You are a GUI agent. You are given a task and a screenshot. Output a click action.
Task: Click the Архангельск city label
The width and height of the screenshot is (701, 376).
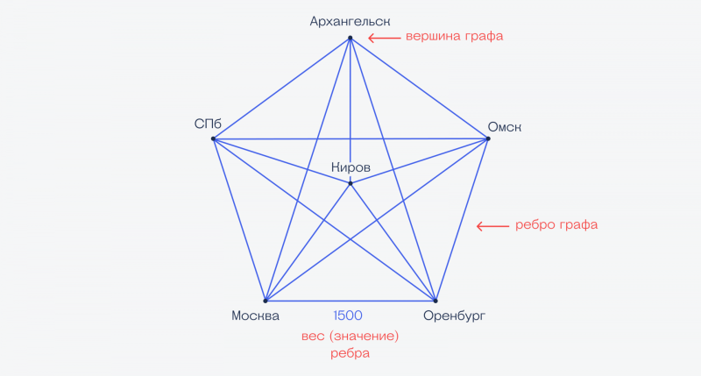pyautogui.click(x=350, y=21)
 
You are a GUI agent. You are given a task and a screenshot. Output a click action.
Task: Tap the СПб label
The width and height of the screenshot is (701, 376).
pyautogui.click(x=208, y=124)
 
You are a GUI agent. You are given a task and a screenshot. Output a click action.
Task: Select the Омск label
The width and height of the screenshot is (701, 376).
pyautogui.click(x=505, y=127)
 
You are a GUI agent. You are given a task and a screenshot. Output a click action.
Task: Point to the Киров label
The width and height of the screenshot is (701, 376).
pyautogui.click(x=351, y=167)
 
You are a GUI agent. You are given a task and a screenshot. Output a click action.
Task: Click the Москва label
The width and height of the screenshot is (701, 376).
pyautogui.click(x=255, y=316)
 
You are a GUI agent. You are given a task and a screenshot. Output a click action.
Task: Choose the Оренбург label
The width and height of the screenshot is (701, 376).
pyautogui.click(x=454, y=316)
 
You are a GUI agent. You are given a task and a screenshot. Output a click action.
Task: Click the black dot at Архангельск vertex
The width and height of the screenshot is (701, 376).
pyautogui.click(x=350, y=38)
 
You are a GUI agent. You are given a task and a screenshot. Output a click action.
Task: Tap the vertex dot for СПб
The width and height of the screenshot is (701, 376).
pyautogui.click(x=213, y=138)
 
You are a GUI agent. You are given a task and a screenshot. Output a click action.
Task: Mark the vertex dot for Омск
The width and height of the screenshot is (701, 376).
pyautogui.click(x=488, y=138)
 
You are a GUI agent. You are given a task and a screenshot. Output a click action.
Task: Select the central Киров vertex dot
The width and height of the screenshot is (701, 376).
pyautogui.click(x=350, y=183)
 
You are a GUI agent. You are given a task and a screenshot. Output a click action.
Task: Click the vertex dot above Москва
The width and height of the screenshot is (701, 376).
pyautogui.click(x=266, y=301)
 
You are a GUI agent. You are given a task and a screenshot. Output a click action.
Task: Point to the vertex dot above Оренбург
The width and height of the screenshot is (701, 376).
pyautogui.click(x=435, y=301)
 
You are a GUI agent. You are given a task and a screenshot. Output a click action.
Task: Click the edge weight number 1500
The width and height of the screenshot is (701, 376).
pyautogui.click(x=348, y=316)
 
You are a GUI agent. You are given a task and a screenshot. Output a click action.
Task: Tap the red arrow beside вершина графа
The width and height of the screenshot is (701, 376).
pyautogui.click(x=385, y=38)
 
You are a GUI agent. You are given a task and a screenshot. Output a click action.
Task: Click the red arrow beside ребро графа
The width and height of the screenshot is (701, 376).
pyautogui.click(x=492, y=226)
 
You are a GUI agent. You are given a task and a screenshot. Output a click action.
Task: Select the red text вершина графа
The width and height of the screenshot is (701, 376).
pyautogui.click(x=454, y=36)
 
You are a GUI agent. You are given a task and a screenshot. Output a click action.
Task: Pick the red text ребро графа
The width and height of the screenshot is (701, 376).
pyautogui.click(x=556, y=224)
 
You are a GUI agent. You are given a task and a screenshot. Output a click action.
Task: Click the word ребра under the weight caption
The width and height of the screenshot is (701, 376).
pyautogui.click(x=350, y=353)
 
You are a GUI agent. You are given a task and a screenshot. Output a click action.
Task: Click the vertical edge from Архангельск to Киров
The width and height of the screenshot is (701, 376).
pyautogui.click(x=350, y=110)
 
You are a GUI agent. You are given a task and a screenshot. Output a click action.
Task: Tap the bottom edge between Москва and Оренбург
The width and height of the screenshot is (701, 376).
pyautogui.click(x=350, y=301)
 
